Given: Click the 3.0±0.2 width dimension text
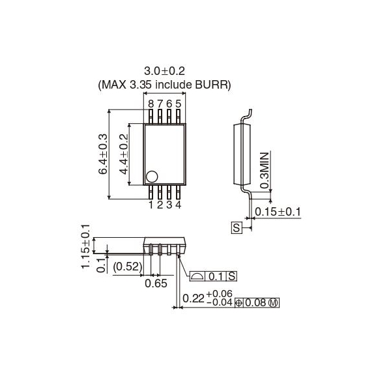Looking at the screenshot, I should (x=164, y=71).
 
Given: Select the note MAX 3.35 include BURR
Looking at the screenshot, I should (x=164, y=85).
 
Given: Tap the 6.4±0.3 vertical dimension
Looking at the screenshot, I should (x=103, y=154).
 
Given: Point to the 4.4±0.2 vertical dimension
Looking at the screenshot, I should (x=124, y=154).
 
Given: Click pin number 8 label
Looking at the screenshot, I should (x=151, y=104).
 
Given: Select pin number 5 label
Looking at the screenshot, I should (x=179, y=104).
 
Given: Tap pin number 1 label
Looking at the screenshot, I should (x=151, y=205).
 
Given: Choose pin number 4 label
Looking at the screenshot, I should (x=178, y=205).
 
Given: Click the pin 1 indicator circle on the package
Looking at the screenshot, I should (x=152, y=176).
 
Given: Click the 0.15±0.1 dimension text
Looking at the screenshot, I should (x=278, y=211).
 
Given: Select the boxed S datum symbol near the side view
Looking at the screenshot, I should (x=237, y=227).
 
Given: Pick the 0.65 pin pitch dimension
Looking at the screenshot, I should (x=155, y=284).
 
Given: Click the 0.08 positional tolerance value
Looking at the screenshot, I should (x=257, y=302).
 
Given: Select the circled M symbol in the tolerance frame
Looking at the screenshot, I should (x=274, y=302).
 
